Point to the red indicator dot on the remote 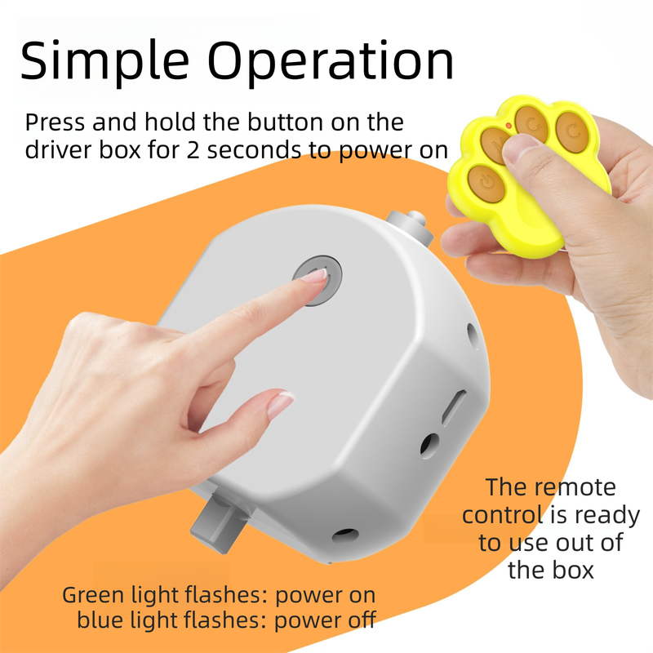pyautogui.click(x=509, y=126)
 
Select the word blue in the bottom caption pyautogui.click(x=102, y=620)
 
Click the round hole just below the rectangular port pyautogui.click(x=429, y=445)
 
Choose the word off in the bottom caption pyautogui.click(x=358, y=620)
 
